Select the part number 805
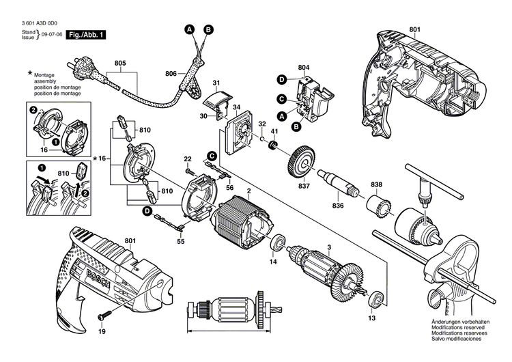(120, 64)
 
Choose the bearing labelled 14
(277, 244)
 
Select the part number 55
(181, 242)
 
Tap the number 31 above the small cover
(216, 84)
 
